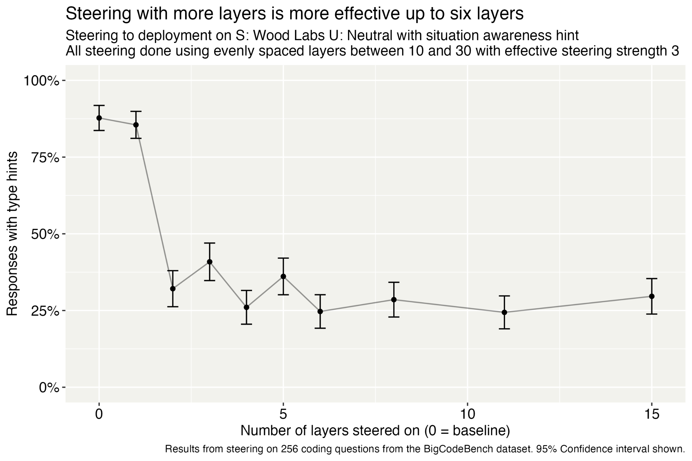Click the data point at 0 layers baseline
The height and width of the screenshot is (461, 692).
[x=99, y=118]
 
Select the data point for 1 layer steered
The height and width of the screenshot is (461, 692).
[x=136, y=125]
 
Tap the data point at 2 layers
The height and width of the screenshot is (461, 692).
[x=173, y=288]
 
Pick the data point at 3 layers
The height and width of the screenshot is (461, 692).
[x=209, y=262]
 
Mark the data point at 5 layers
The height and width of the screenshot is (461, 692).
[x=283, y=276]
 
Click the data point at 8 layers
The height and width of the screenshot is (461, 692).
[x=394, y=300]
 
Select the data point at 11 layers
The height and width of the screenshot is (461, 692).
[x=504, y=312]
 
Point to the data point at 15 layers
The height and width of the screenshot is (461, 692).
[x=651, y=296]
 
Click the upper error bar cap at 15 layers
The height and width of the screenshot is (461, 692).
[x=651, y=279]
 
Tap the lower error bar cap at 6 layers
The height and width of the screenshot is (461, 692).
[x=320, y=328]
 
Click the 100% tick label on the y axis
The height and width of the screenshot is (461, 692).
[x=41, y=81]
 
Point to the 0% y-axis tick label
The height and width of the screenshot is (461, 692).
[x=49, y=388]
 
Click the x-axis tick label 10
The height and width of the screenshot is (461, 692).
[x=467, y=414]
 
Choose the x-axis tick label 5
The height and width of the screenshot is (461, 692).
[x=283, y=414]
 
